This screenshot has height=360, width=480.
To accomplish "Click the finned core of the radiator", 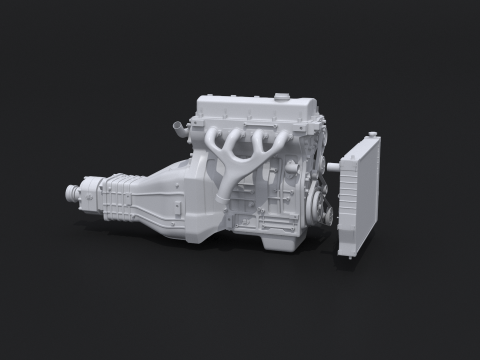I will (x=358, y=200).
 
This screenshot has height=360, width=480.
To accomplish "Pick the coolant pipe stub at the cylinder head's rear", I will (x=180, y=128).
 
